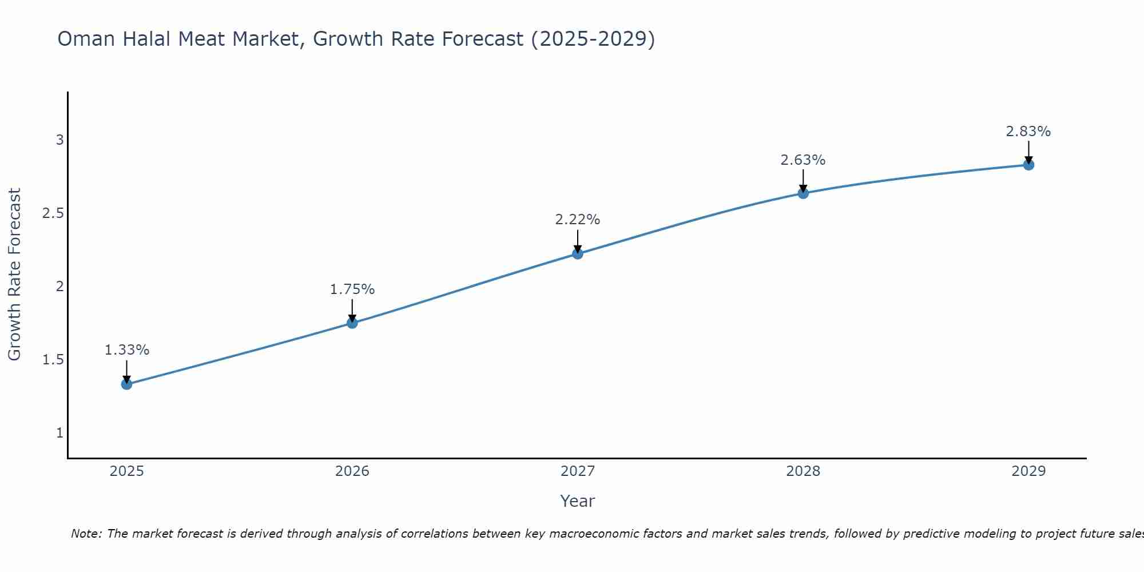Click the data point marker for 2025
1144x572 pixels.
[x=127, y=384]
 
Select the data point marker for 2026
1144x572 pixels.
[x=352, y=323]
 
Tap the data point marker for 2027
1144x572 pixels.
[x=578, y=253]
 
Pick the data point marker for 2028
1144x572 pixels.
[x=803, y=193]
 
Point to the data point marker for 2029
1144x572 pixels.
[x=1028, y=165]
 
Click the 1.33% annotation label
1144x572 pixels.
[x=127, y=350]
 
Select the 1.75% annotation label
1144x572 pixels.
[x=352, y=289]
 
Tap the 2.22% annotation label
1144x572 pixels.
[x=578, y=220]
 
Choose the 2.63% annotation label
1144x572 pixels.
[x=803, y=160]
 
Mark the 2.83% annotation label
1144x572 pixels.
[x=1028, y=132]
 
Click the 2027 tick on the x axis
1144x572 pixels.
[x=578, y=471]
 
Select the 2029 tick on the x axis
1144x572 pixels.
[x=1028, y=471]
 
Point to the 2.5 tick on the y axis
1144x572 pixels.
[x=53, y=213]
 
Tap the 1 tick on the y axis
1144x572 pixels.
[x=59, y=433]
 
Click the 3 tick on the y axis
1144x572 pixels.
[x=59, y=140]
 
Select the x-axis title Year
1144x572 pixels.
[x=578, y=501]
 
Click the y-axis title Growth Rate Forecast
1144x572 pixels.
[x=15, y=275]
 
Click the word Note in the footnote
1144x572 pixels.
[x=85, y=534]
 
